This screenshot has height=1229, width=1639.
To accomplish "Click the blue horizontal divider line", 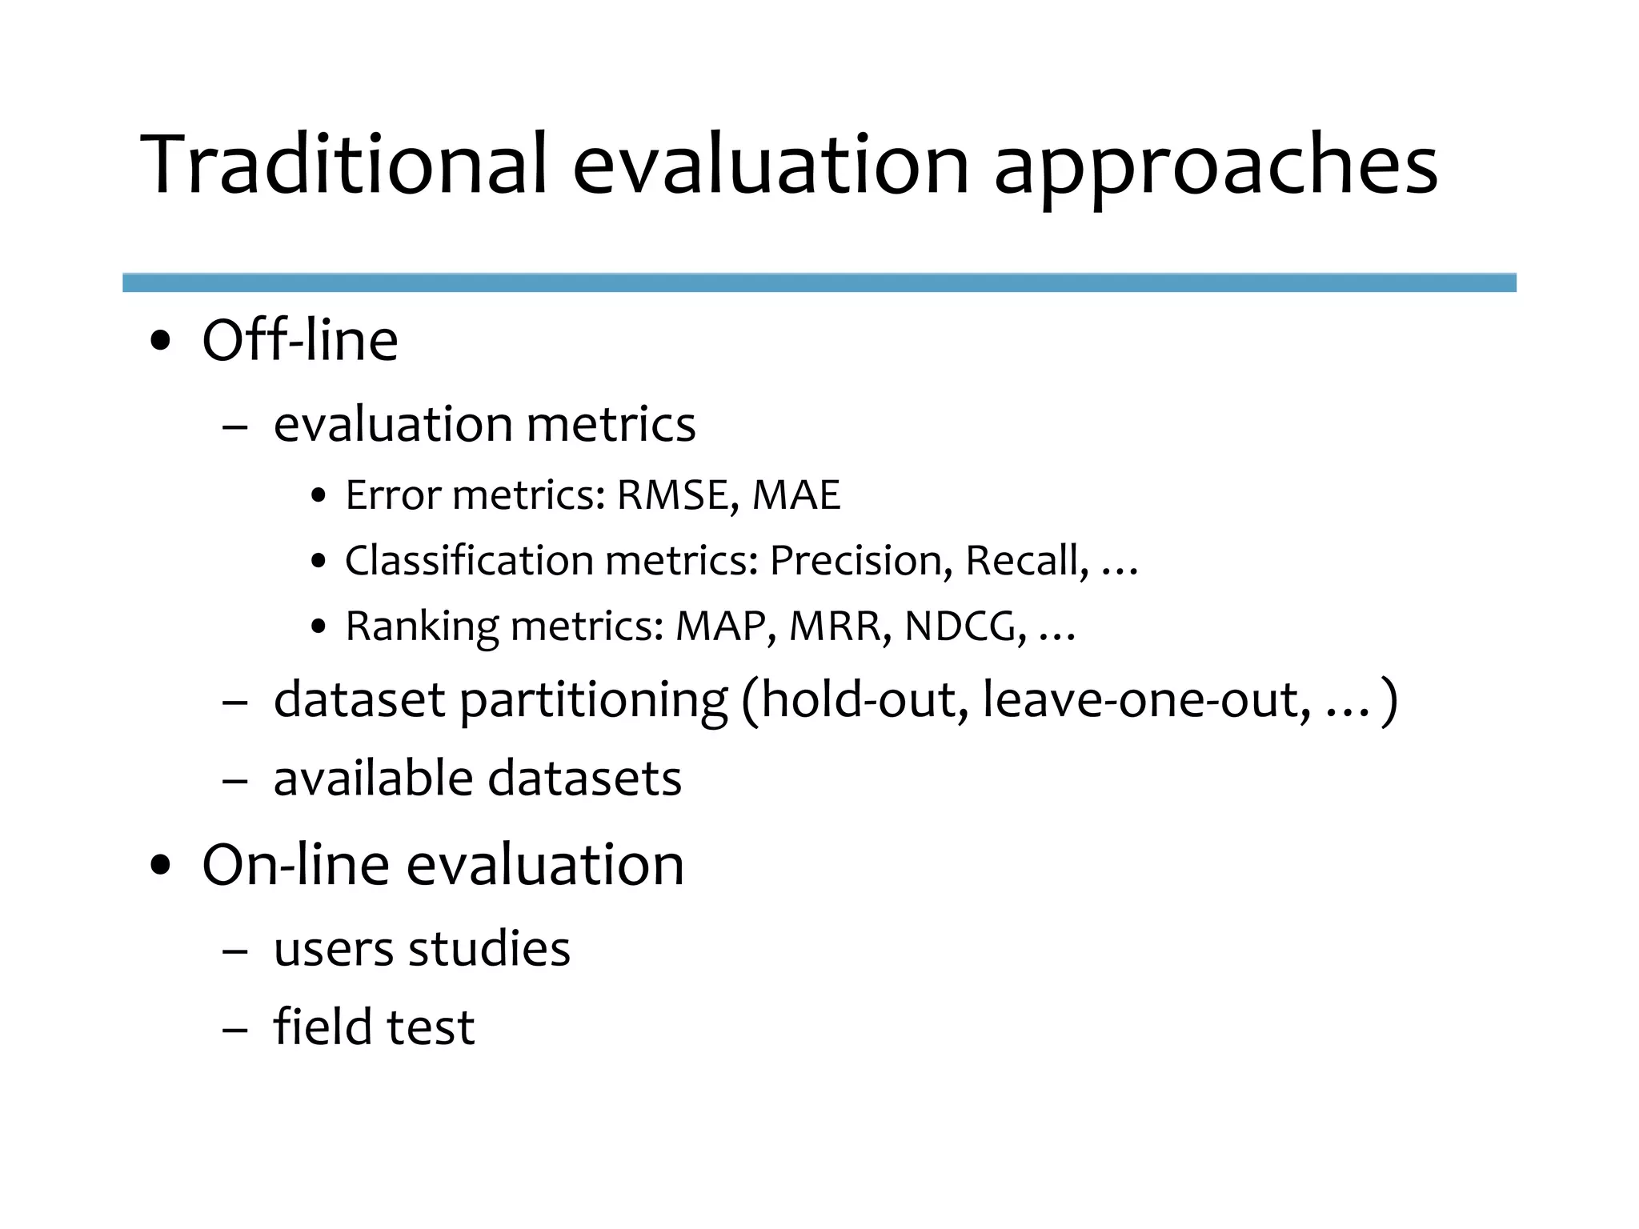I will [819, 282].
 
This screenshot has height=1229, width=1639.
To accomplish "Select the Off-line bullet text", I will [300, 341].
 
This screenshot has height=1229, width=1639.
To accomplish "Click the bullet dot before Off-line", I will [161, 342].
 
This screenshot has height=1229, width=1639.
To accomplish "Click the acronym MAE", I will [796, 495].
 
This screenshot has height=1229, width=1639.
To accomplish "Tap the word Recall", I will [1027, 561].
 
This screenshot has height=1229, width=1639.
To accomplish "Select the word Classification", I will [469, 561].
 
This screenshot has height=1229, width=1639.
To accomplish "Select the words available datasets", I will [477, 779].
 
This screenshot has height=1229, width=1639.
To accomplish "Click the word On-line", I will [295, 865].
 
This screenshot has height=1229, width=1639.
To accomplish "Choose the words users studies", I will [422, 949].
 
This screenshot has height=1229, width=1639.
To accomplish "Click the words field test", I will [374, 1027].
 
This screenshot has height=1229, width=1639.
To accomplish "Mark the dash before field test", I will [234, 1030].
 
